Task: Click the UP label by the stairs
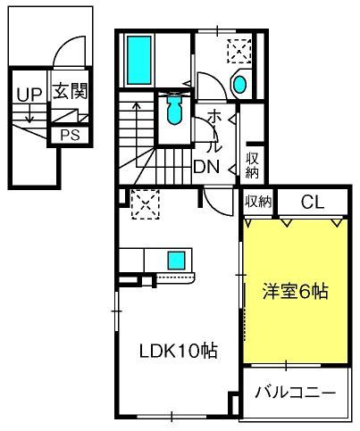pos(29,94)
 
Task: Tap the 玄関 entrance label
pos(71,91)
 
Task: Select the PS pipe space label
pos(71,136)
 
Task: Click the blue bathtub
pos(139,60)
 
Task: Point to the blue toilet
pos(174,109)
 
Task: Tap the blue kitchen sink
pos(176,261)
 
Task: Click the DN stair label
pos(206,167)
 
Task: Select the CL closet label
pos(312,202)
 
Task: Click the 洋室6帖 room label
pos(296,292)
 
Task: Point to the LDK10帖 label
pos(179,351)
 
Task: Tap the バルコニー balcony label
pos(296,394)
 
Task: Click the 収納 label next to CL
pos(258,202)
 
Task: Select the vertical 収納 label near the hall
pos(252,165)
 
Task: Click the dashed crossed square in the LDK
pos(146,204)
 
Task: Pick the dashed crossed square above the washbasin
pos(239,51)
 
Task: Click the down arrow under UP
pos(29,113)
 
